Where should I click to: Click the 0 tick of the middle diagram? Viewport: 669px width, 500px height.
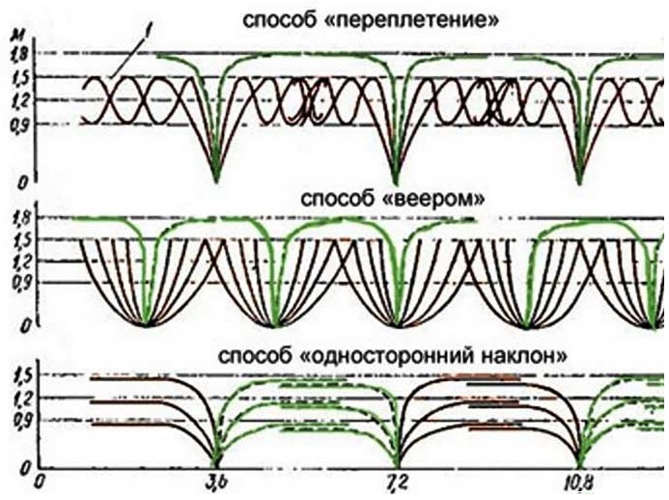tap(25, 326)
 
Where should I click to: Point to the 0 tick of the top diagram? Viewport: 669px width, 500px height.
tap(22, 183)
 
